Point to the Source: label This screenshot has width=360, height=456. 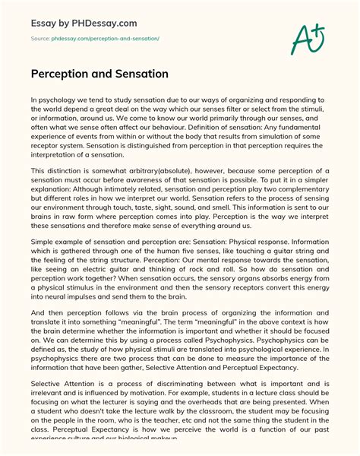[41, 38]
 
